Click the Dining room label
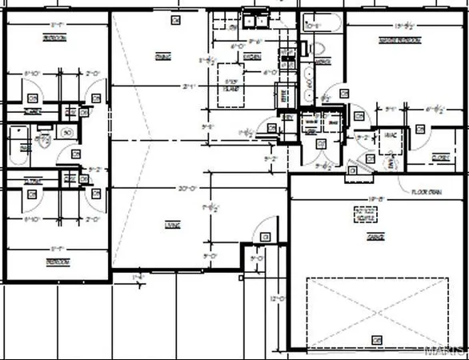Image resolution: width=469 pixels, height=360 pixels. pos(162,56)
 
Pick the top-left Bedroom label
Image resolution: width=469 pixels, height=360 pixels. pos(55,38)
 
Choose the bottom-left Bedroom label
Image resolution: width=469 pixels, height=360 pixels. pos(56,262)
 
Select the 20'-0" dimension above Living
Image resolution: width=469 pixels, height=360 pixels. pos(189,189)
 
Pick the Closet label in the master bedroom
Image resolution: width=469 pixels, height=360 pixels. pos(439,157)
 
